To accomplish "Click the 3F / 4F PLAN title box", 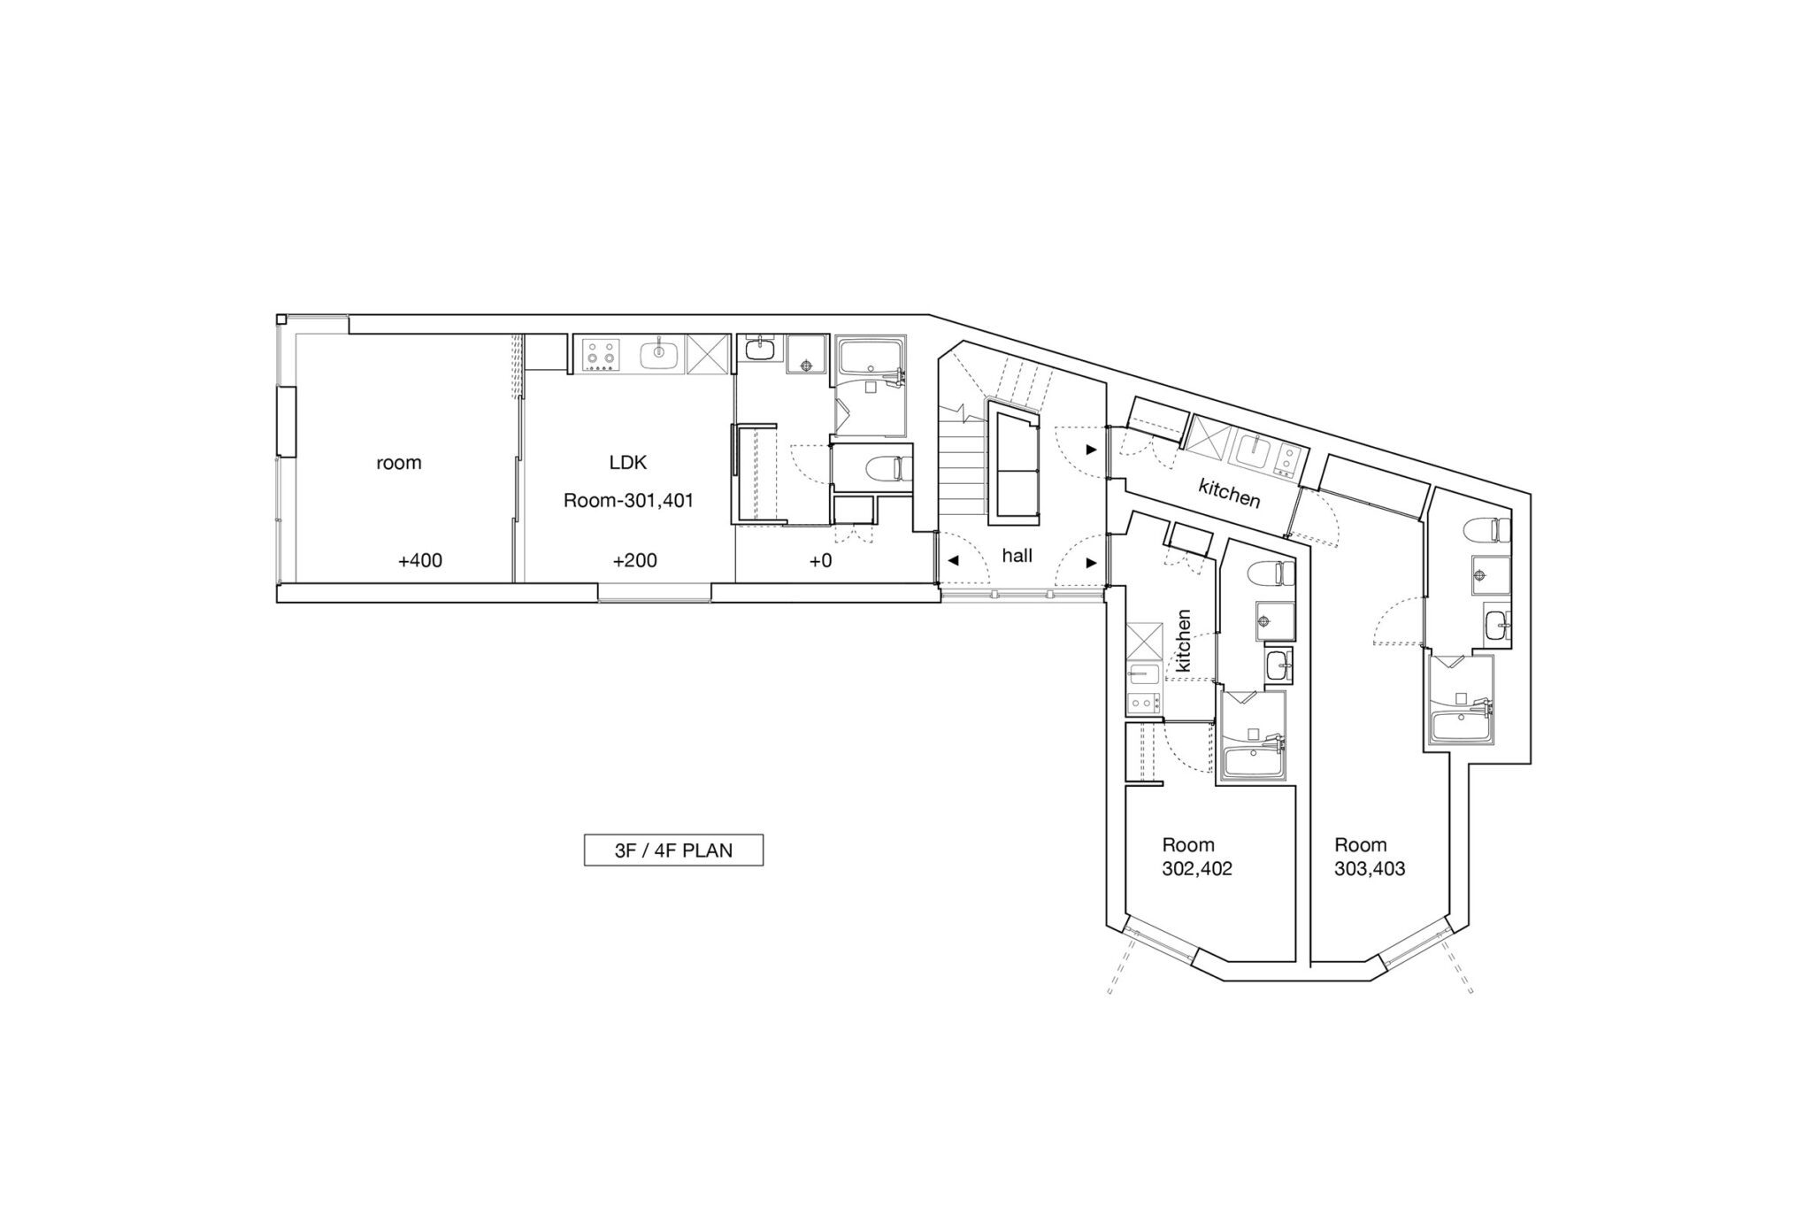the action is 673,850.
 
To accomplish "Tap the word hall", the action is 1017,556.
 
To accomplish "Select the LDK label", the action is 628,462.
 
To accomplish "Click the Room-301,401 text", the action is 628,501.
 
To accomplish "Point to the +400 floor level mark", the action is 420,560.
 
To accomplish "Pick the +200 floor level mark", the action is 634,560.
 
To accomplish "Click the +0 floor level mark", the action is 820,560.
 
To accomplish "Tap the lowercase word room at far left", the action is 399,463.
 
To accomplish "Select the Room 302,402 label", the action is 1197,857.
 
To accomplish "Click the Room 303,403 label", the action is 1370,857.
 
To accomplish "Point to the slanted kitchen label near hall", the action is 1229,493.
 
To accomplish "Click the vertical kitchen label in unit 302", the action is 1184,640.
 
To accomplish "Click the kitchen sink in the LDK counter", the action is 660,355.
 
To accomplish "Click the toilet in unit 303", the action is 1487,529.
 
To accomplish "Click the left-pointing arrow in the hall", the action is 953,561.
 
